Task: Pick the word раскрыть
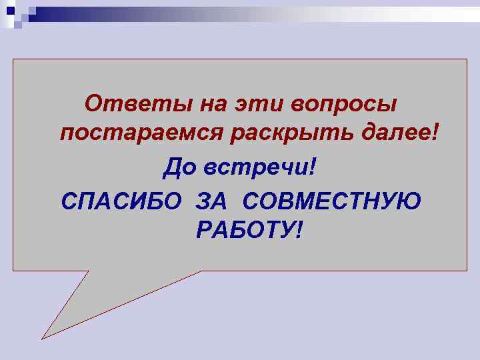[x=294, y=136]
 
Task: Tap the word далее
[x=399, y=135]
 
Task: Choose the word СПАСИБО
[x=120, y=201]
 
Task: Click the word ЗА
[x=212, y=201]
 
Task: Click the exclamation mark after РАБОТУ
[x=297, y=231]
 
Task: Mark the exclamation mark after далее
[x=436, y=135]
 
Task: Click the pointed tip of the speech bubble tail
[x=43, y=337]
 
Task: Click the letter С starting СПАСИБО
[x=67, y=201]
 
